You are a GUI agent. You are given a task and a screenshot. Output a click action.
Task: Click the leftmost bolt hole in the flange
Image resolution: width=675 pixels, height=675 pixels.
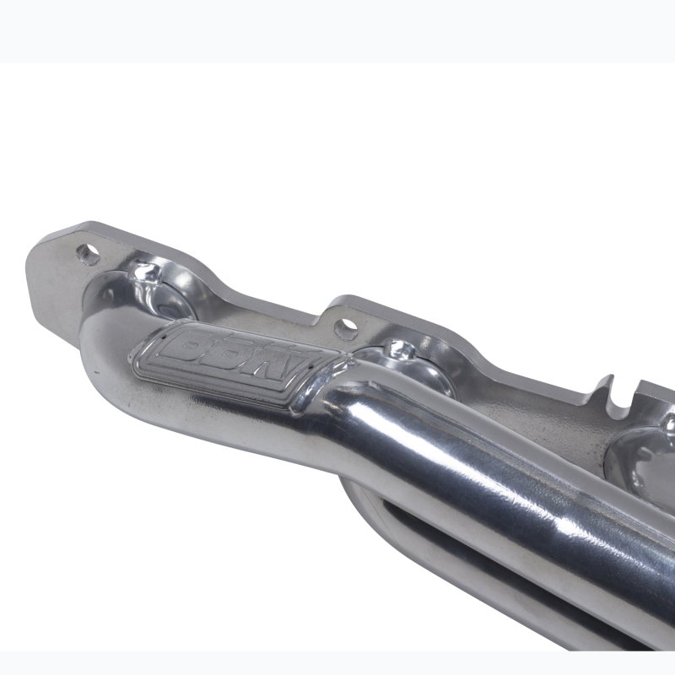coord(88,252)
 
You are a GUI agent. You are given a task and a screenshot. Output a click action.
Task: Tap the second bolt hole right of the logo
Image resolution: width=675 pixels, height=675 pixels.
coord(345,325)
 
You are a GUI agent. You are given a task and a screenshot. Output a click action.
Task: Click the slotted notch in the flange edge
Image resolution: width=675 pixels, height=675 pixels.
coord(611,397)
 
